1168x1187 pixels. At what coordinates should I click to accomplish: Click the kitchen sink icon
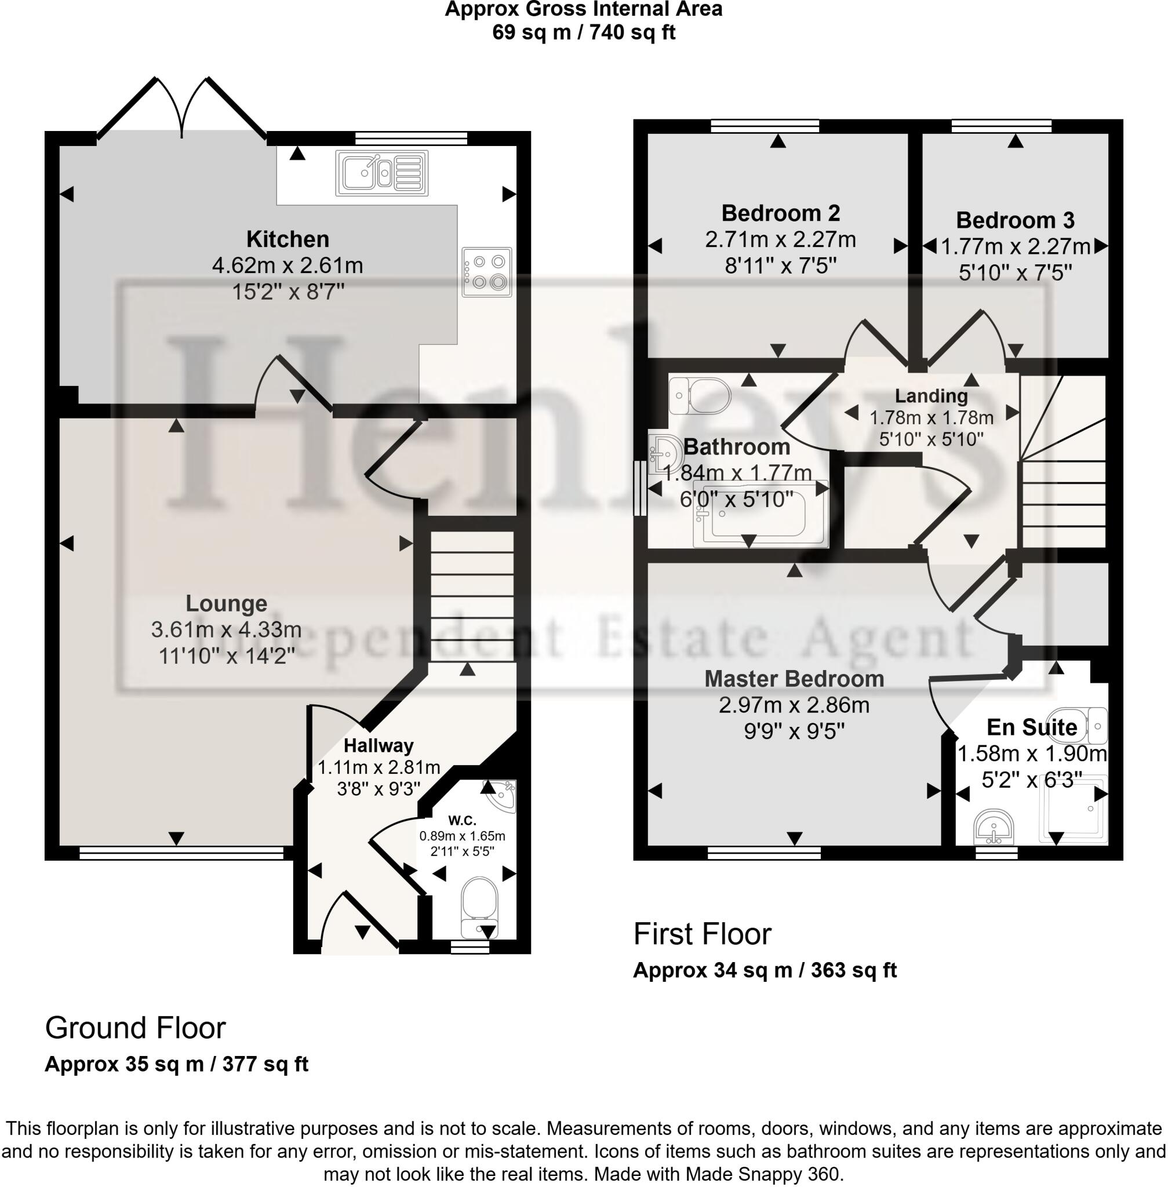pos(381,174)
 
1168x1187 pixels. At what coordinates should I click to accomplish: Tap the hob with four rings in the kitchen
pos(487,272)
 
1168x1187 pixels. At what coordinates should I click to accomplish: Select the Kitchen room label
pos(288,239)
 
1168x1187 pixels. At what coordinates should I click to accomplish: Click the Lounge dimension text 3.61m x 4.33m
pos(225,629)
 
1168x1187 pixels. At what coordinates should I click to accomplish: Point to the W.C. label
pos(462,820)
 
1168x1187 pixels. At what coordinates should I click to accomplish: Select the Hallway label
pos(379,745)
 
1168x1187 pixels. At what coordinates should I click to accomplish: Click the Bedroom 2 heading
pos(780,213)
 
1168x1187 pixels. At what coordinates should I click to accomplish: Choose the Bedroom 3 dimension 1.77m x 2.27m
pos(1015,246)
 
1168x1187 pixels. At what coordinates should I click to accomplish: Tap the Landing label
pos(931,396)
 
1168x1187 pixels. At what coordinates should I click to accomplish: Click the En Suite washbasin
pos(994,828)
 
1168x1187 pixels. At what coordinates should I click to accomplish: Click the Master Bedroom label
pos(794,679)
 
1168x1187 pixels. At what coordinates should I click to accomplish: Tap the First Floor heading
pos(702,934)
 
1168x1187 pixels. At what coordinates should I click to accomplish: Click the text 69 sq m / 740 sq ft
pos(583,32)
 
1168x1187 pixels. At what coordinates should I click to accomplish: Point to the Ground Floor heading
pos(135,1028)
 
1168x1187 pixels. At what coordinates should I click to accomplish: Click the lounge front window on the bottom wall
pos(181,853)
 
